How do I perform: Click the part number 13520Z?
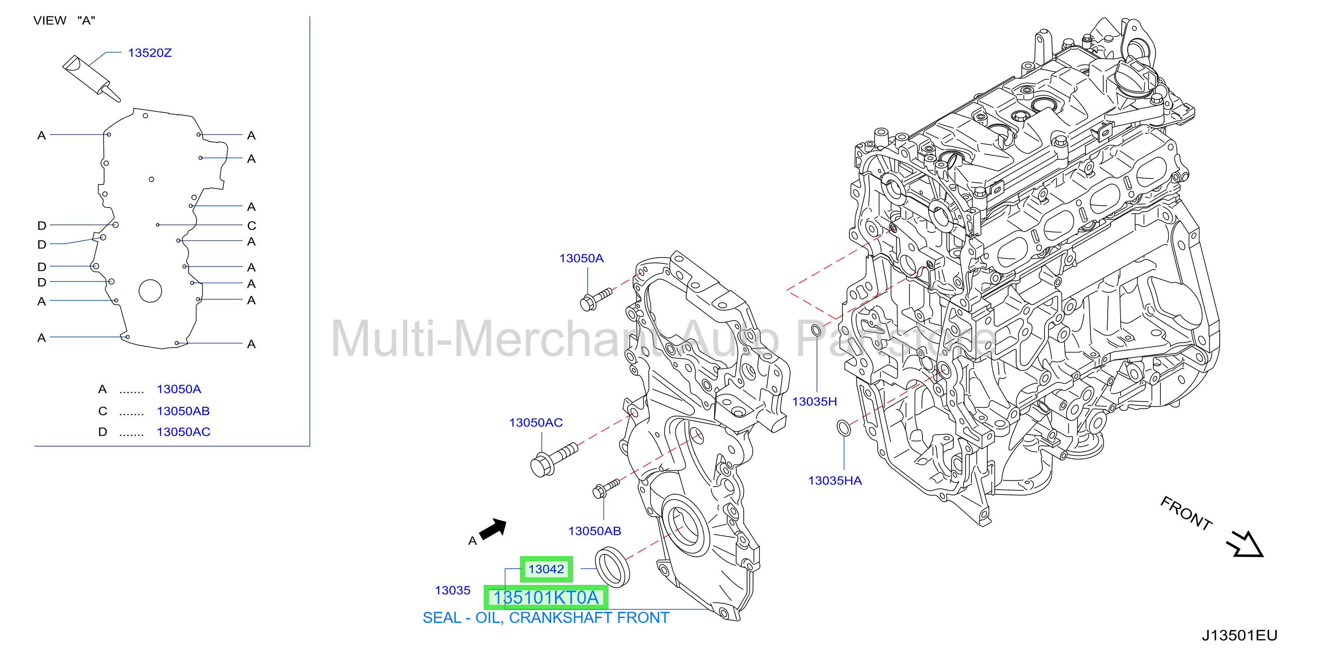coord(150,53)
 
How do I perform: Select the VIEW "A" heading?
coord(65,21)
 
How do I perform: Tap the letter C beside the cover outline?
coord(252,225)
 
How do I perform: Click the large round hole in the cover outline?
coord(150,290)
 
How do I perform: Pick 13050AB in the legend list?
coord(183,411)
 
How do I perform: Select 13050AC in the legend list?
coord(184,432)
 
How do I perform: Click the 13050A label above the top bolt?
coord(582,258)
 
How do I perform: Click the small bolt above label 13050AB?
coord(606,488)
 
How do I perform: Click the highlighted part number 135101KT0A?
coord(546,597)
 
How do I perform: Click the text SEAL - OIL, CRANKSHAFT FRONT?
coord(546,618)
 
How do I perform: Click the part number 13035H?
coord(815,402)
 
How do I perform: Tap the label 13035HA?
coord(835,480)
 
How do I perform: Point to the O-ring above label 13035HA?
coord(844,428)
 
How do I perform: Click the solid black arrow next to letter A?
coord(493,529)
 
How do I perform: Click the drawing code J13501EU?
coord(1239,635)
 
